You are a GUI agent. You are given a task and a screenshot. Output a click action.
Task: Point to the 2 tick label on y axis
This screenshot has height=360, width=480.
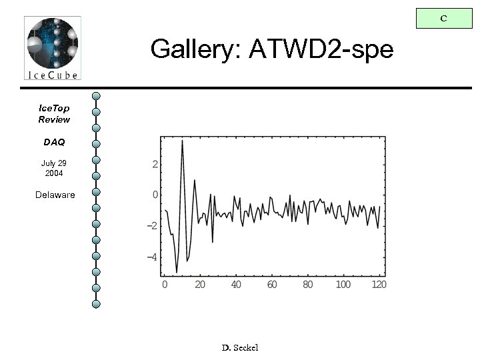coord(155,165)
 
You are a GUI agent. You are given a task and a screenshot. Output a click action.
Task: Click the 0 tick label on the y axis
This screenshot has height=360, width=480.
coord(155,195)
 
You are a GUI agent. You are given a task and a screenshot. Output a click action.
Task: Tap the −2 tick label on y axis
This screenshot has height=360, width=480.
coord(152,226)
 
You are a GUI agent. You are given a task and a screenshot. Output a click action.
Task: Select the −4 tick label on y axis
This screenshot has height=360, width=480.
coord(152,257)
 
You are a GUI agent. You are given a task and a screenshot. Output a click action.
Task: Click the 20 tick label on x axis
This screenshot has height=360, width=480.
coord(200,285)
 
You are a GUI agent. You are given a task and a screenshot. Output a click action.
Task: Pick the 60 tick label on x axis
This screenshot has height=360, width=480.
coord(272,285)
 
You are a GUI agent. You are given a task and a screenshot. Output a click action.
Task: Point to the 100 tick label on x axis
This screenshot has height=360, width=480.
coord(343,285)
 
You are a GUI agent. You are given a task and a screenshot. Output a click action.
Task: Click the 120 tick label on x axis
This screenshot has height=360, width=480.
coord(379,285)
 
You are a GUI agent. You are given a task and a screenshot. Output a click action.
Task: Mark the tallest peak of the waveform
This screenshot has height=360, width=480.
coord(182,141)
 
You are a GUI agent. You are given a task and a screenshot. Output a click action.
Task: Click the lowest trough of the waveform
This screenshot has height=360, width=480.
coord(177,271)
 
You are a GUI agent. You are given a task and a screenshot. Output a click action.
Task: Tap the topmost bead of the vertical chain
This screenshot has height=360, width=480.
coord(96,97)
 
